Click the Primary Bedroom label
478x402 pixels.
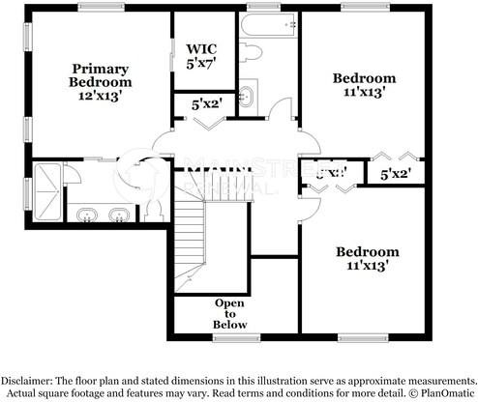100,74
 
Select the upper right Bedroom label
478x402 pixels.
364,78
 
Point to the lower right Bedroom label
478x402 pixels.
367,252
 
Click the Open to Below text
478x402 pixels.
230,313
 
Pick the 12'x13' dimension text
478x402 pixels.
100,97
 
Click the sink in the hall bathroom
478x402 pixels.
248,95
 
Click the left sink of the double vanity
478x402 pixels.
87,214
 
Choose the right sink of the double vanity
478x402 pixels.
119,214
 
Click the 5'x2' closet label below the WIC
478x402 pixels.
205,103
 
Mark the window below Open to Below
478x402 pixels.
236,337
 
